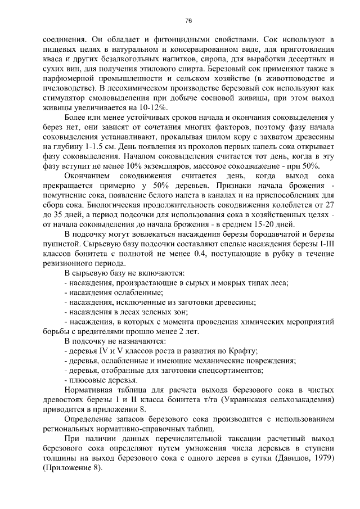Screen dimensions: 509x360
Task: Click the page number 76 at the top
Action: (188, 21)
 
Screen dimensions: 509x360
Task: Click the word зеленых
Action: (151, 310)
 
